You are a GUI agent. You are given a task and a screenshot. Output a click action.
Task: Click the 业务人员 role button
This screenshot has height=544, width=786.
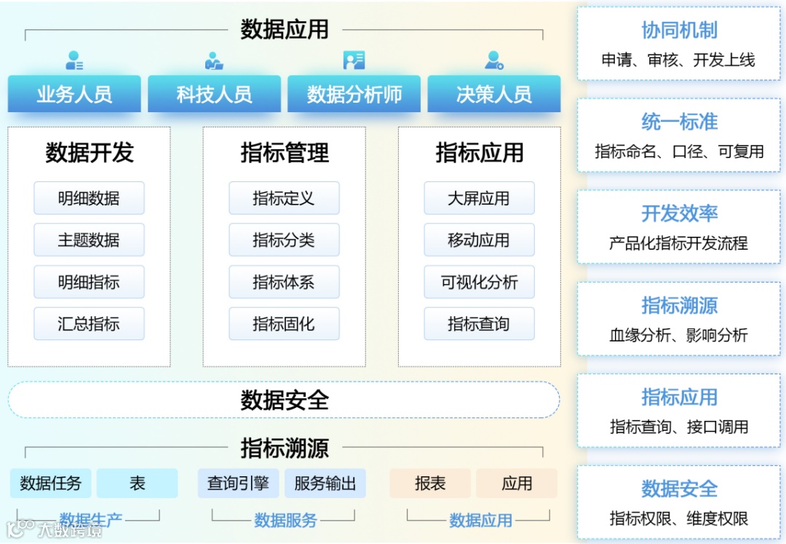click(74, 94)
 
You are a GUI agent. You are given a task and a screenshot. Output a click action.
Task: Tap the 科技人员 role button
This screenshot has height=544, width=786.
click(214, 94)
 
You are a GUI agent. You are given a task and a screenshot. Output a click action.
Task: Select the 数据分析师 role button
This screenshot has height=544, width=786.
click(354, 94)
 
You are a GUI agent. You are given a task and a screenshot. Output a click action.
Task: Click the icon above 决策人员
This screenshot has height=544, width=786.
click(494, 60)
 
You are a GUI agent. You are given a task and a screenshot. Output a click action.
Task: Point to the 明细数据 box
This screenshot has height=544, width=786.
click(89, 198)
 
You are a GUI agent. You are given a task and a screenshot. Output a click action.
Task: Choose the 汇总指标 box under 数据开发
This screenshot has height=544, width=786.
click(89, 324)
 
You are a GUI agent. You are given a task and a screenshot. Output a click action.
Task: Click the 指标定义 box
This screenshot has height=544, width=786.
click(284, 198)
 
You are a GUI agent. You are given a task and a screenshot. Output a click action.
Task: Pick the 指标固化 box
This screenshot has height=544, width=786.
click(284, 324)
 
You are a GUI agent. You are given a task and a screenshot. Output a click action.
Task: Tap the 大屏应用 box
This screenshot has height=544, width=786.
click(479, 198)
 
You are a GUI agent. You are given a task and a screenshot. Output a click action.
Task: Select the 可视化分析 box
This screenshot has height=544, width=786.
click(479, 282)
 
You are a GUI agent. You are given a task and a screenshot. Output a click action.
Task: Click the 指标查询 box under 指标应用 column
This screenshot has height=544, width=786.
click(479, 324)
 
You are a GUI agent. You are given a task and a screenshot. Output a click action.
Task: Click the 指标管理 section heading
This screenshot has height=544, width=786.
click(285, 153)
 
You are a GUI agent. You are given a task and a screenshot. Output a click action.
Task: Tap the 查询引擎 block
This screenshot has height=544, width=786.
click(238, 483)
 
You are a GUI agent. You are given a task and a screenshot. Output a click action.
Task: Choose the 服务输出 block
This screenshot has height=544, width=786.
click(325, 483)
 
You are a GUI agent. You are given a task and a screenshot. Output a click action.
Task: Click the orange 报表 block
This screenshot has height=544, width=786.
click(430, 483)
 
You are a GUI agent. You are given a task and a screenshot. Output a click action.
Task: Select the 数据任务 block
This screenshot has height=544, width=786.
click(51, 483)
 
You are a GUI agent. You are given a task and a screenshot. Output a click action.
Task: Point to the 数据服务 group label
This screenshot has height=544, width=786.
click(285, 520)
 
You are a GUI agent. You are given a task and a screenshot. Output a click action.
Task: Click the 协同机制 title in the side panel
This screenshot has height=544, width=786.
click(679, 31)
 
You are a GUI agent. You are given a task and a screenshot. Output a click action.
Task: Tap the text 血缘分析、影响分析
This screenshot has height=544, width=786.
click(678, 335)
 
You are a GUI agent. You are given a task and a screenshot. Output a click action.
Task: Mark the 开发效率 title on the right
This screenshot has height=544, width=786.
click(679, 213)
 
